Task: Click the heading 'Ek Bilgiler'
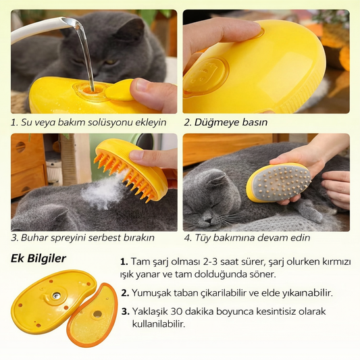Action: tap(38, 259)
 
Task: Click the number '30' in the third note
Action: tap(176, 311)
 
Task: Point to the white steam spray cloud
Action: tap(101, 191)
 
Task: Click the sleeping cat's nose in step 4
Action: tap(207, 221)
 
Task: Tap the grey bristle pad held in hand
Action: tap(279, 182)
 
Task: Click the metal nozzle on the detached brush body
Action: tap(56, 295)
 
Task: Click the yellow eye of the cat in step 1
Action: tap(111, 61)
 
